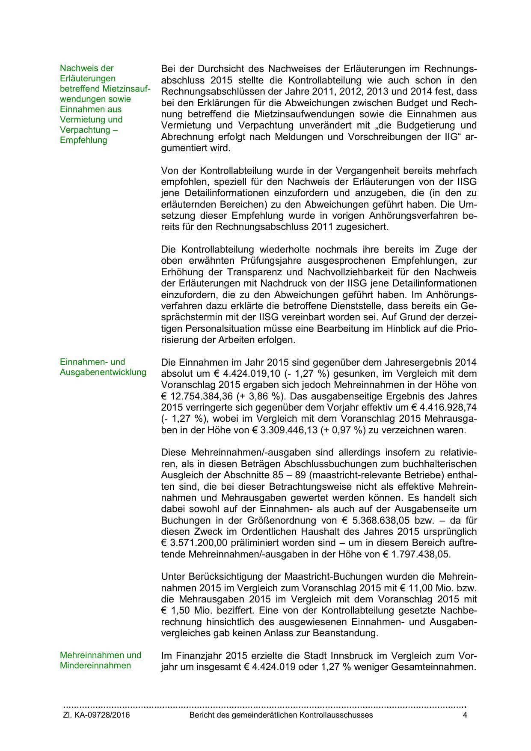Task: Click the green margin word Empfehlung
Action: click(x=83, y=140)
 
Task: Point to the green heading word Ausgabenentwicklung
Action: click(x=103, y=372)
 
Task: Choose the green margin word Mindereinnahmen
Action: click(x=95, y=665)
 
